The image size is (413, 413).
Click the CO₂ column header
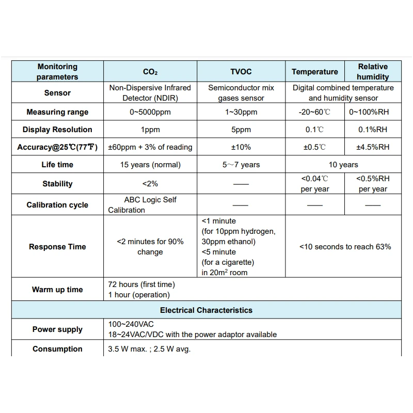150,72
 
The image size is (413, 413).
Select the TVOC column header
241,72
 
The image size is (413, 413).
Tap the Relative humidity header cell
372,72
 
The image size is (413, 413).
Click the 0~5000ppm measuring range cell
150,112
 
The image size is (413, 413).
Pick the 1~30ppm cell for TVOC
241,112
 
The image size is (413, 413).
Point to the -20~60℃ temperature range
314,112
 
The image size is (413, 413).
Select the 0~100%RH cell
372,112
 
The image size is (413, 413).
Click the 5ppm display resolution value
241,130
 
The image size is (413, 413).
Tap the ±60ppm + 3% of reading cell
150,147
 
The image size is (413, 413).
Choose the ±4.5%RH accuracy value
372,147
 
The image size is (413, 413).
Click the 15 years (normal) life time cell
150,165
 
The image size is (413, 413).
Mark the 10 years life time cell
343,165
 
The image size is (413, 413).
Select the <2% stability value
150,184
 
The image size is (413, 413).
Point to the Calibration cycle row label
57,205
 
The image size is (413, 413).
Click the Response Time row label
57,247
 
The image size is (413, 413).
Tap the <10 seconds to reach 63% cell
345,247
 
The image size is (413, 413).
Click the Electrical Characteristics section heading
206,310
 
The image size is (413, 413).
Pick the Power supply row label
57,329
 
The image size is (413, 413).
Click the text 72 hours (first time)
141,284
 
